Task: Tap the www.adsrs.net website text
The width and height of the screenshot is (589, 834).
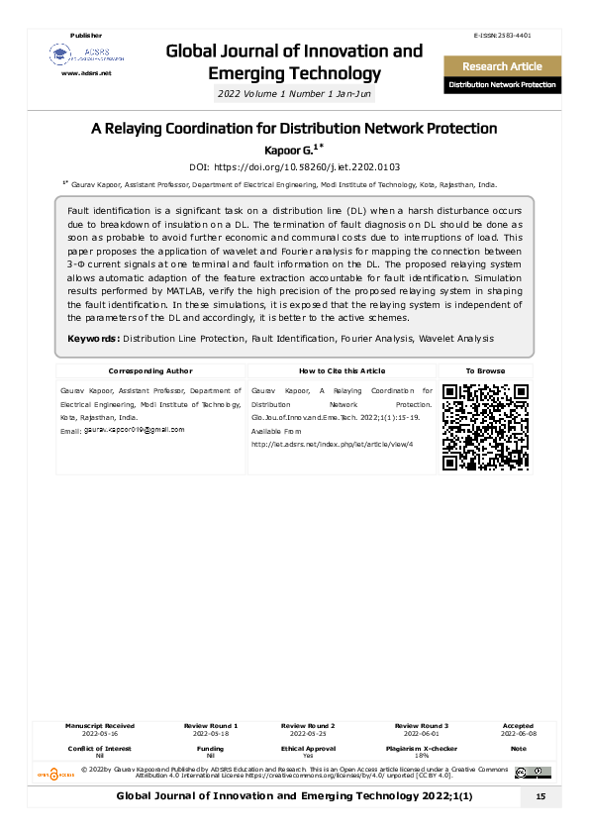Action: click(x=87, y=73)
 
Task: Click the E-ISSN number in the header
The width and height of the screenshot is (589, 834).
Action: click(x=505, y=36)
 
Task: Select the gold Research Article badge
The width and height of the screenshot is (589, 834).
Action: click(x=502, y=66)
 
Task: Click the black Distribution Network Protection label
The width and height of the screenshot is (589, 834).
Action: click(x=502, y=85)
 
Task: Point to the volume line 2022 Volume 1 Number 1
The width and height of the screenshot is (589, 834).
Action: click(x=294, y=95)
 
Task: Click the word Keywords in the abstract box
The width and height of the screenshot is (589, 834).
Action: click(x=94, y=339)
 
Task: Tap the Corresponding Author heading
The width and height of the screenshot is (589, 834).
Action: click(x=149, y=370)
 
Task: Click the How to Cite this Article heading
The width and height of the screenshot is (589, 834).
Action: click(x=342, y=370)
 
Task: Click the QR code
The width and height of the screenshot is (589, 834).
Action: click(x=485, y=426)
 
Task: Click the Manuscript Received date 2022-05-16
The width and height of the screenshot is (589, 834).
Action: click(x=99, y=735)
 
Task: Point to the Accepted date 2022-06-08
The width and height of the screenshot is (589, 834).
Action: click(x=518, y=735)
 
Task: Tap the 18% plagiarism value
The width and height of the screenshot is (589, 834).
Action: click(x=422, y=756)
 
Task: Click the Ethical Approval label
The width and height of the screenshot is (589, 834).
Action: click(x=308, y=749)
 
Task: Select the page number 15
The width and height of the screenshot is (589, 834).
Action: click(x=540, y=797)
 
